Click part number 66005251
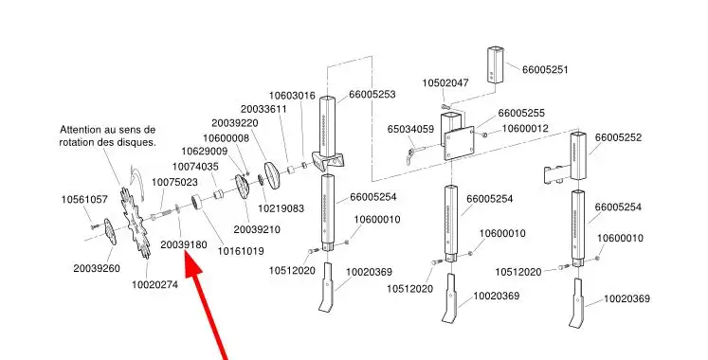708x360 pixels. (x=545, y=70)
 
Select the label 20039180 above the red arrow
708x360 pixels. (x=184, y=245)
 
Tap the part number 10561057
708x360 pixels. (x=84, y=199)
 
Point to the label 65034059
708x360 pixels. (x=410, y=130)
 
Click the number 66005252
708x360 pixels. (x=618, y=137)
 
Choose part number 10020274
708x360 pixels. (x=154, y=285)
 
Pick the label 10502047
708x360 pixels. (x=445, y=83)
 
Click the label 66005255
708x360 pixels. (x=521, y=114)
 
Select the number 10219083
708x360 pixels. (x=281, y=208)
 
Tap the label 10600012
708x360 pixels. (x=525, y=129)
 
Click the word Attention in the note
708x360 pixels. (x=81, y=130)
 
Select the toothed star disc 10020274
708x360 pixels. (x=135, y=223)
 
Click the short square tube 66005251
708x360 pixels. (x=496, y=64)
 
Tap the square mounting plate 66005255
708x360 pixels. (x=459, y=143)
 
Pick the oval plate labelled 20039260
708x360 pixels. (x=110, y=232)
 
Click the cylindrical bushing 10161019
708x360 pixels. (x=197, y=202)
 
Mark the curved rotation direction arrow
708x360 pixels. (x=136, y=180)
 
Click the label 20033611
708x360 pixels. (x=263, y=110)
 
